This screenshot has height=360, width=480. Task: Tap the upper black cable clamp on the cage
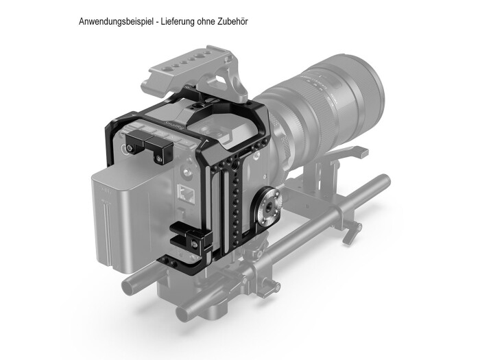(147, 145)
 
